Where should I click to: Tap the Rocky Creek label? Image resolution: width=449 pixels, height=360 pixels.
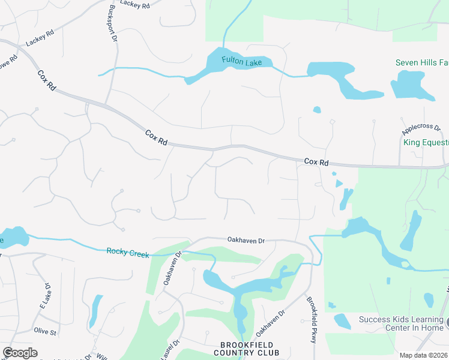tap(128, 253)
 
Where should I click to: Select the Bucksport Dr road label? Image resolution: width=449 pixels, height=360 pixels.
tap(112, 25)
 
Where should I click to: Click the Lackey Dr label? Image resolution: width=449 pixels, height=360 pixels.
tap(134, 4)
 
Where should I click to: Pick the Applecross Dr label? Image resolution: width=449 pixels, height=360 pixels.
tap(421, 128)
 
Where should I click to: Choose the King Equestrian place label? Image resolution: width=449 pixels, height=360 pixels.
tap(426, 142)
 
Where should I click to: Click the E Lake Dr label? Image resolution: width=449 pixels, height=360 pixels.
tap(44, 296)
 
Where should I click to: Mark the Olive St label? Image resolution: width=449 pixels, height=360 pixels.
tap(45, 331)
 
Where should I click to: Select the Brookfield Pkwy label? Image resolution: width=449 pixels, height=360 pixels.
tap(312, 320)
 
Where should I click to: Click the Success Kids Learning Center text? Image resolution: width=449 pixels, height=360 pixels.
tap(401, 323)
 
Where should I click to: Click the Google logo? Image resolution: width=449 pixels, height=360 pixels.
tap(20, 353)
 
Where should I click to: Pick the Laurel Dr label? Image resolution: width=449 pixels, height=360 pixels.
tap(170, 350)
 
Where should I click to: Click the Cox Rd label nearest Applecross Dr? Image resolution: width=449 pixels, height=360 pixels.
tap(316, 162)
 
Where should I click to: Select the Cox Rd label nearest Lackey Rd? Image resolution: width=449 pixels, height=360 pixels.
tap(46, 80)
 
